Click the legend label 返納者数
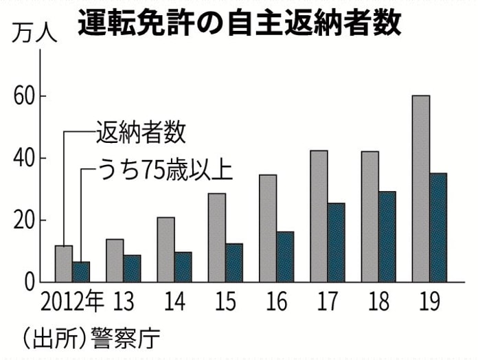pyautogui.click(x=141, y=133)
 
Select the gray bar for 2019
pyautogui.click(x=420, y=189)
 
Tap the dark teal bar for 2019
pyautogui.click(x=437, y=227)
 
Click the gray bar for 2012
pyautogui.click(x=64, y=264)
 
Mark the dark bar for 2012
pyautogui.click(x=81, y=272)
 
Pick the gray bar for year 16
pyautogui.click(x=268, y=228)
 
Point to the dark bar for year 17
pyautogui.click(x=336, y=243)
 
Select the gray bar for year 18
pyautogui.click(x=369, y=216)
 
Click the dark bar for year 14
pyautogui.click(x=183, y=267)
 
